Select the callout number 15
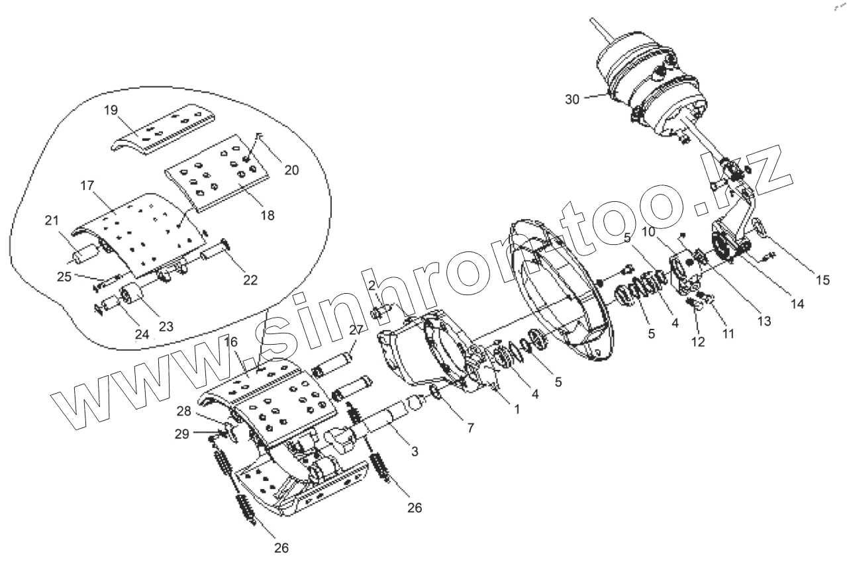[822, 280]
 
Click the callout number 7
[470, 428]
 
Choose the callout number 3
[413, 451]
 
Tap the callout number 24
[142, 334]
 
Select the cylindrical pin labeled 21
[84, 255]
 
